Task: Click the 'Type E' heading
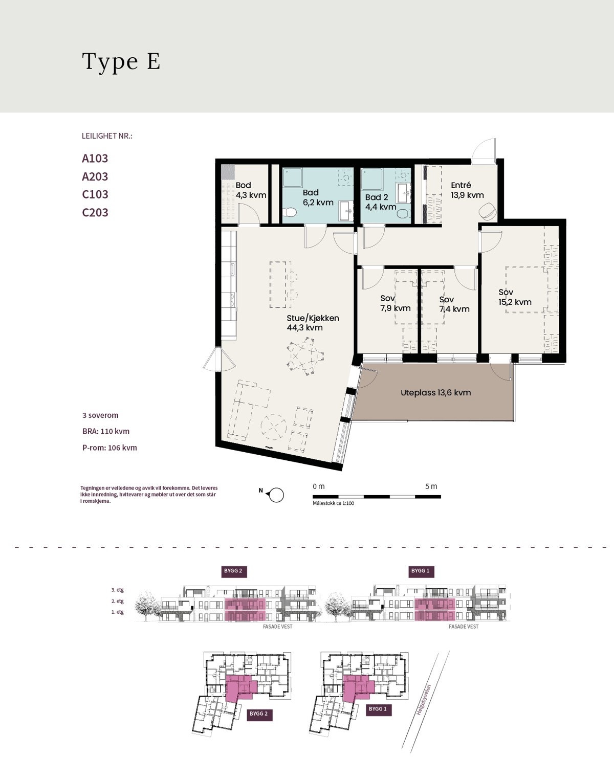pyautogui.click(x=121, y=62)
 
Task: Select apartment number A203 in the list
pyautogui.click(x=95, y=176)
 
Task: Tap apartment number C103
pyautogui.click(x=95, y=195)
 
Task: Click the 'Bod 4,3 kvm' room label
pyautogui.click(x=251, y=190)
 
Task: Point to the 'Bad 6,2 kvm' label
pyautogui.click(x=318, y=197)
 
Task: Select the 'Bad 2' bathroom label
pyautogui.click(x=377, y=197)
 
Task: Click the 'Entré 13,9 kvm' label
pyautogui.click(x=467, y=190)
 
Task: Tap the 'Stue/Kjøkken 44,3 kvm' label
pyautogui.click(x=313, y=323)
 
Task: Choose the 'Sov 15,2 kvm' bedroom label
pyautogui.click(x=515, y=297)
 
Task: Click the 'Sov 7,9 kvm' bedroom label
pyautogui.click(x=396, y=303)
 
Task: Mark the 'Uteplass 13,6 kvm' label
pyautogui.click(x=435, y=392)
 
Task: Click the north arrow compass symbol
pyautogui.click(x=276, y=495)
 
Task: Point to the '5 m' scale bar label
pyautogui.click(x=431, y=486)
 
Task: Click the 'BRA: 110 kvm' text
pyautogui.click(x=106, y=431)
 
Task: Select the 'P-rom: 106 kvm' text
pyautogui.click(x=109, y=448)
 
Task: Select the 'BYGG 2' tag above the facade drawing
pyautogui.click(x=233, y=571)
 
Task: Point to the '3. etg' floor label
pyautogui.click(x=118, y=590)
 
